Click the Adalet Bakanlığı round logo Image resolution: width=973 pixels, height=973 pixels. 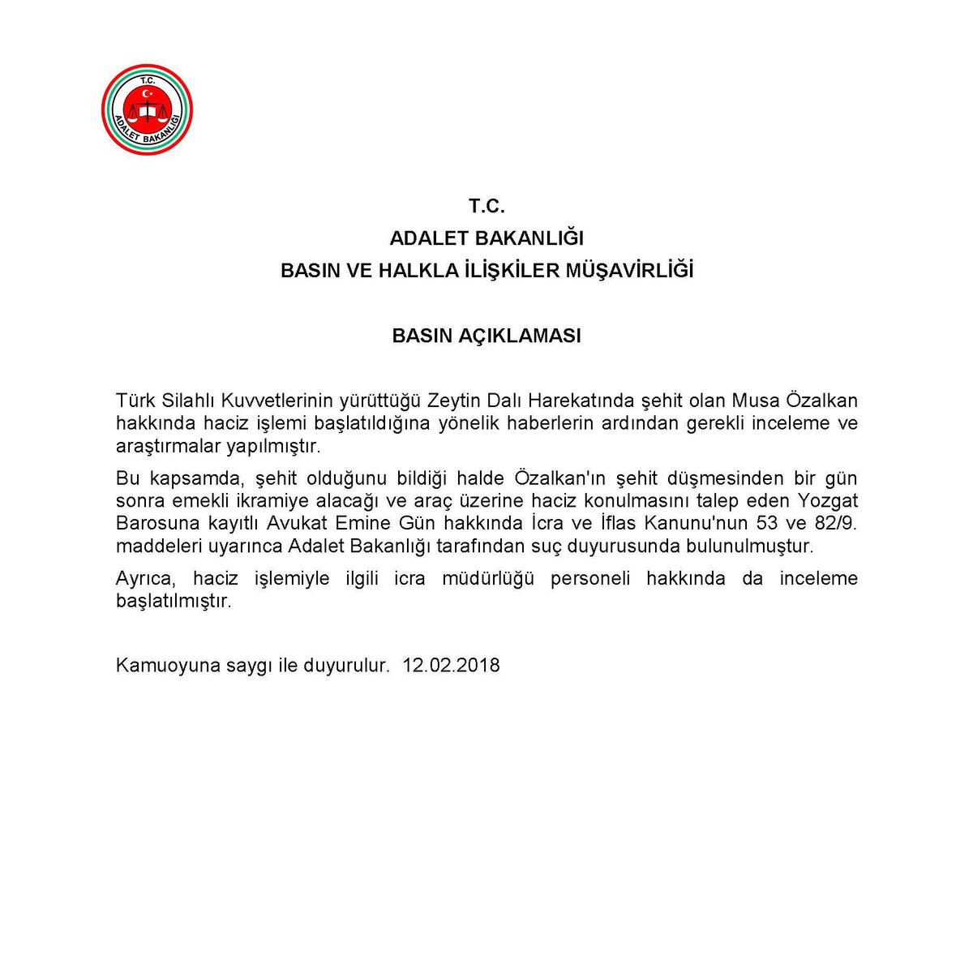[x=147, y=110]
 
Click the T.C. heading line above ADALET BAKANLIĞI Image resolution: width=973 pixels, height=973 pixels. [x=486, y=206]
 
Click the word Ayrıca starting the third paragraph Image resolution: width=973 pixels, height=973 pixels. [x=143, y=579]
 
